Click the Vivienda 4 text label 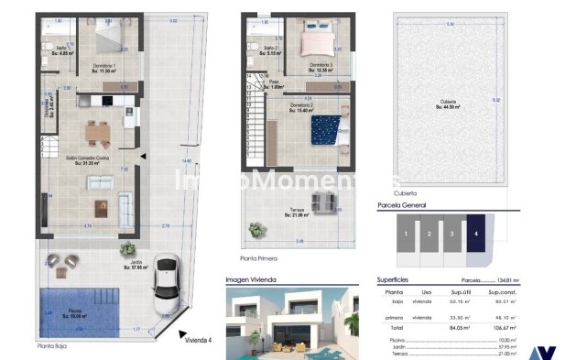click(x=198, y=340)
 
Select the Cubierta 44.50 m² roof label click(x=448, y=104)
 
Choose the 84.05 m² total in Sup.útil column click(x=459, y=325)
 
